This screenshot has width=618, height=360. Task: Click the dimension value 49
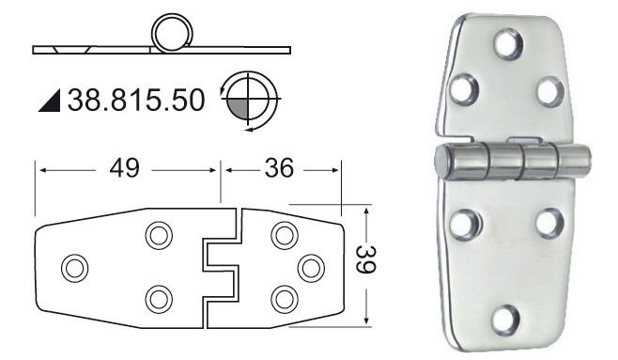(x=125, y=168)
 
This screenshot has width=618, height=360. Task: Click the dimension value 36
(x=279, y=167)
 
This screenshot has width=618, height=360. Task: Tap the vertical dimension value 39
(x=365, y=259)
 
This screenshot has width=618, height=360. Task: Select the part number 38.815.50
(x=136, y=101)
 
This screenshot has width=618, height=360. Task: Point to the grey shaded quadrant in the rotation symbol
(x=239, y=109)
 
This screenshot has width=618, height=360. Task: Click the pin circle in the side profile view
(x=172, y=32)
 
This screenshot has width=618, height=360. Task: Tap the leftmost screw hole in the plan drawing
(x=75, y=268)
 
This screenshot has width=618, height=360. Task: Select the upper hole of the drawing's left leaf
(x=159, y=236)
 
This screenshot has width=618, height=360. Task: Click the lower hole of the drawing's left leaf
(x=159, y=299)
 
